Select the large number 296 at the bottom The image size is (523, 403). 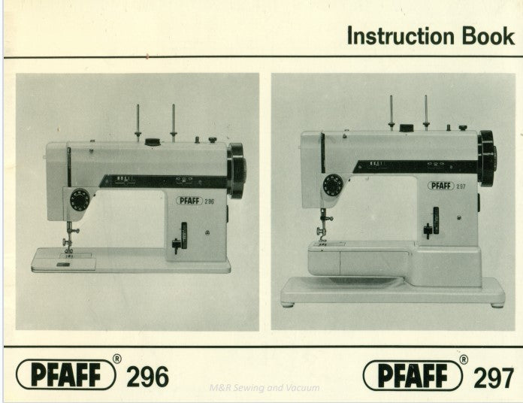147,376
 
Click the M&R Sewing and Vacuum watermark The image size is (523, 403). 265,388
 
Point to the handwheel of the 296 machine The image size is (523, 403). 237,170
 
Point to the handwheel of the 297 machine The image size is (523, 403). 487,158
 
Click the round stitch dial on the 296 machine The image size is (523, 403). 79,199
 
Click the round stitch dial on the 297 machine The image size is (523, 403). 331,186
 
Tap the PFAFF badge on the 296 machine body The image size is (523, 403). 191,201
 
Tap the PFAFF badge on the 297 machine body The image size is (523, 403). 441,186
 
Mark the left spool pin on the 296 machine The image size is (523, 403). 138,123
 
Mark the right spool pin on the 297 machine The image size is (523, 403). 426,112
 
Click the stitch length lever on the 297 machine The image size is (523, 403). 428,230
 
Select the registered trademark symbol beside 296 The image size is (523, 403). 116,359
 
